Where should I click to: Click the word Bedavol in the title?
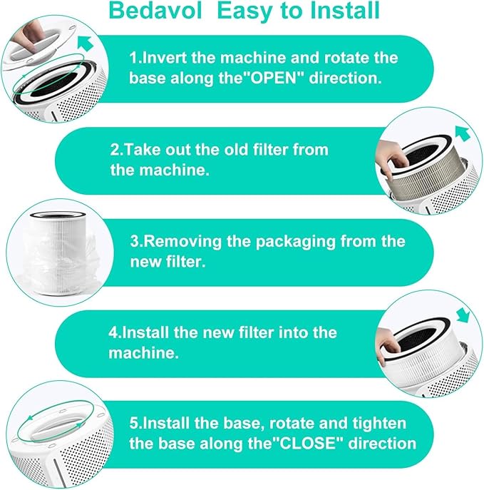[155, 10]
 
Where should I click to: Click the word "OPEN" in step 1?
[273, 78]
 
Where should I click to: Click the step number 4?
[113, 332]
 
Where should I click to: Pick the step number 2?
[115, 150]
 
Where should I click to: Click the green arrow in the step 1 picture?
[86, 43]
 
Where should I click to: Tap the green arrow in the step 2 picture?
[463, 133]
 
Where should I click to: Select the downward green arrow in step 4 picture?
[463, 315]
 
